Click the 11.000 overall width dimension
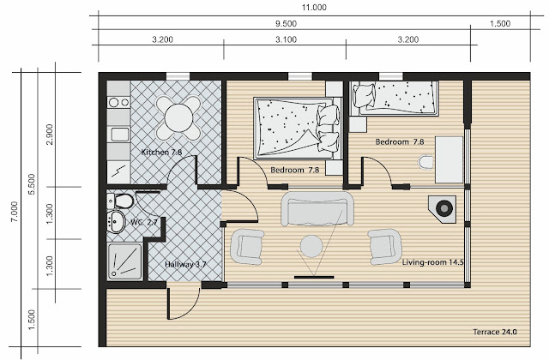click(314, 8)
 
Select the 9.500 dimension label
click(286, 24)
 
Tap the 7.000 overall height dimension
click(14, 212)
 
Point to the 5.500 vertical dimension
click(32, 184)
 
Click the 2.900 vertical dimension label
click(50, 135)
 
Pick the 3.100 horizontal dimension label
click(286, 39)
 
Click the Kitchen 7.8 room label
click(161, 153)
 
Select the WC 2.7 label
click(143, 222)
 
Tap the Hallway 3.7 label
click(185, 265)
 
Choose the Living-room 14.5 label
click(432, 262)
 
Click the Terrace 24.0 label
click(495, 332)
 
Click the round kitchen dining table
click(178, 118)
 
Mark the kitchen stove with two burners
click(118, 102)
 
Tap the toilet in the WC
click(120, 201)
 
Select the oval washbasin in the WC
click(116, 221)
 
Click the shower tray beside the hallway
click(125, 261)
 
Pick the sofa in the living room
click(317, 208)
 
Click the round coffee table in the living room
click(311, 246)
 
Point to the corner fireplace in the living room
click(443, 209)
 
